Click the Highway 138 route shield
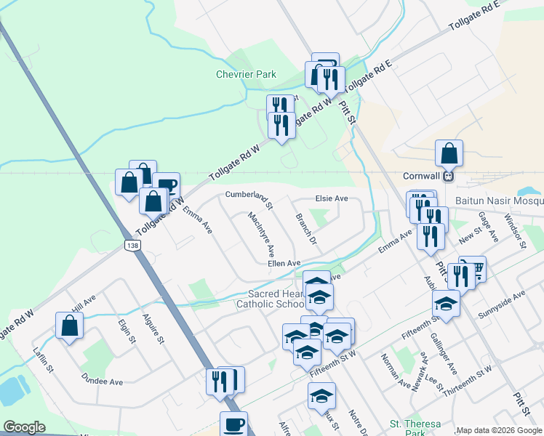click(x=132, y=246)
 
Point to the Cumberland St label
click(x=249, y=198)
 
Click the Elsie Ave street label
click(x=331, y=198)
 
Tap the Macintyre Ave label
click(x=260, y=234)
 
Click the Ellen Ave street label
click(x=284, y=263)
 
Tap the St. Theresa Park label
click(x=415, y=428)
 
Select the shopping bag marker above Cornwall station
click(x=449, y=154)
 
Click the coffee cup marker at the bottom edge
click(x=233, y=425)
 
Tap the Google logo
click(x=24, y=427)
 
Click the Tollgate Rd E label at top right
click(x=475, y=16)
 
